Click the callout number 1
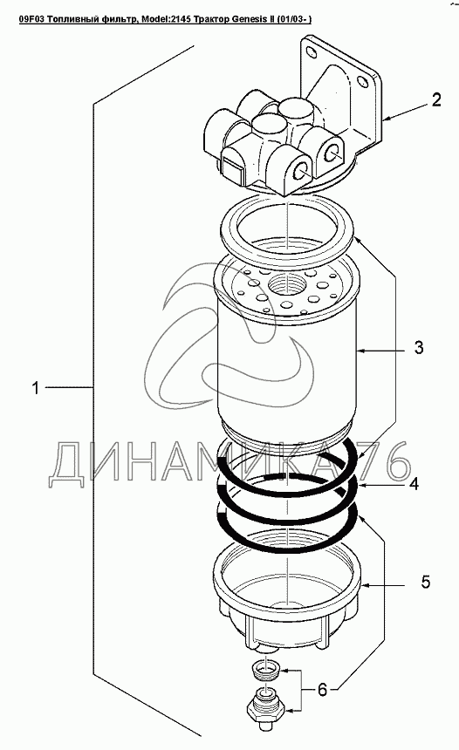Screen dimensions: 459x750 [x=35, y=387]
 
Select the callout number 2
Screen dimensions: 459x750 [x=436, y=100]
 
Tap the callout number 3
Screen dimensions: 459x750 [x=419, y=347]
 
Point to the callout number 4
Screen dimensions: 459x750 [x=414, y=484]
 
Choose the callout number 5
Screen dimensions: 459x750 [x=426, y=582]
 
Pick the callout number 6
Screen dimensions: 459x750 [x=322, y=690]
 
